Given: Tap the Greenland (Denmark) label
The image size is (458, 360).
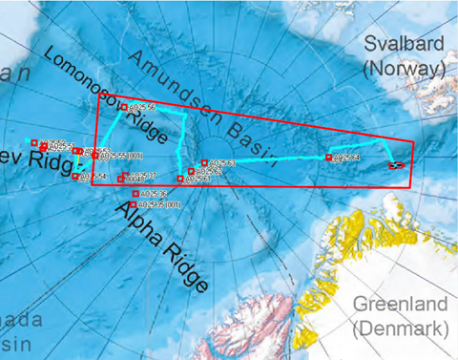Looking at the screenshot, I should (x=401, y=317).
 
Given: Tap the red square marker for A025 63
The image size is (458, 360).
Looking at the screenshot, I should (x=203, y=162).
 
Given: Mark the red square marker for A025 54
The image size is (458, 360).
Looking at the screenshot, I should (x=76, y=176).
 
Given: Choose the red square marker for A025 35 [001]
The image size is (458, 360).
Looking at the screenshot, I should (x=134, y=204).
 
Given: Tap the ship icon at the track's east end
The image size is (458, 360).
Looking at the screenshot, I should (x=396, y=165).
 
